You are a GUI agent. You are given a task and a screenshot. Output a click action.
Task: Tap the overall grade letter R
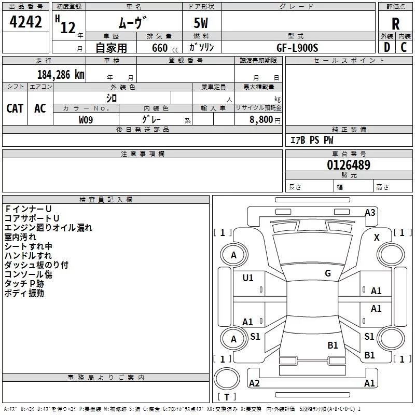pos(395,23)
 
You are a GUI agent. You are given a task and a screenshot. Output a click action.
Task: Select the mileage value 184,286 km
pos(61,75)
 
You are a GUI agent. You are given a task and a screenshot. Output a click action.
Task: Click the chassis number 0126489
pos(348,165)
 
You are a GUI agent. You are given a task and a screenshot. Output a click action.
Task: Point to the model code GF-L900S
pos(297,47)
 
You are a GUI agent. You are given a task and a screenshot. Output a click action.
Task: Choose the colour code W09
pos(86,119)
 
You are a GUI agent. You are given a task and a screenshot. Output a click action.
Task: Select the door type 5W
pos(202,24)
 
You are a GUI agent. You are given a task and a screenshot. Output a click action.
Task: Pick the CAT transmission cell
pos(15,108)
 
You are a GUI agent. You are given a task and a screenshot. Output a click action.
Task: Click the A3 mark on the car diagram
pos(370,212)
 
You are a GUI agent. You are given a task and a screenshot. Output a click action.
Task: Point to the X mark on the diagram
pos(377,237)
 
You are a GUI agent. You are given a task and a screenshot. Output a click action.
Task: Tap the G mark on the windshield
pos(328,273)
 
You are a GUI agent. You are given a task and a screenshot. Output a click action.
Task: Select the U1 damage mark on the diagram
pos(248,278)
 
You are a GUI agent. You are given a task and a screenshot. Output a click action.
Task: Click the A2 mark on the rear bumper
pos(254,383)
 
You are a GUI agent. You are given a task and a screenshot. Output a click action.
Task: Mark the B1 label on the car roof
pos(333,345)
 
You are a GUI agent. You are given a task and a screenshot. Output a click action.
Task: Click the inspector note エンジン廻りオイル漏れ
pos(48,227)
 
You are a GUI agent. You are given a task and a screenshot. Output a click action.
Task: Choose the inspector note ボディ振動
pos(24,293)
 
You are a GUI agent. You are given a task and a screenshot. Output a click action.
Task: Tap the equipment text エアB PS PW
pos(312,140)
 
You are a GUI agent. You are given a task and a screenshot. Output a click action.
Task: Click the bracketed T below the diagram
pos(227,397)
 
